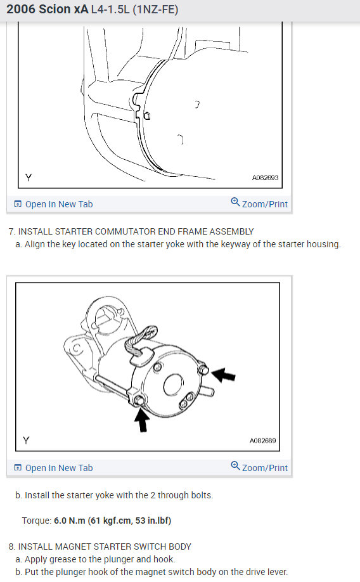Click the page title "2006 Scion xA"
pyautogui.click(x=48, y=10)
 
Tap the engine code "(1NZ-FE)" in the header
pyautogui.click(x=157, y=10)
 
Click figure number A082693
pyautogui.click(x=265, y=178)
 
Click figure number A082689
pyautogui.click(x=262, y=440)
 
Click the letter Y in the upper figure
pyautogui.click(x=27, y=178)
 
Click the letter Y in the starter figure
pyautogui.click(x=26, y=440)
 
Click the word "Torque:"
pyautogui.click(x=36, y=521)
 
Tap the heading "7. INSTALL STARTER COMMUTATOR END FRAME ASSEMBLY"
pyautogui.click(x=131, y=231)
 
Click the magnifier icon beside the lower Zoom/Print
pyautogui.click(x=235, y=467)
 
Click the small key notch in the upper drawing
pyautogui.click(x=146, y=116)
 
